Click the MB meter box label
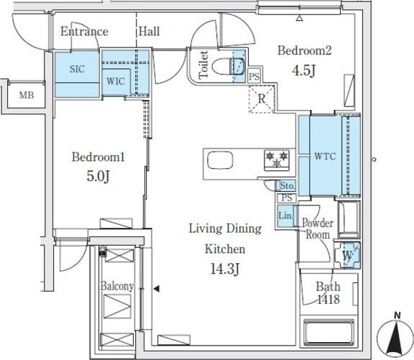pos(27,95)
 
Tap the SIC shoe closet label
pos(77,69)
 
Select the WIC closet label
pos(116,81)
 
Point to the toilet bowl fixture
pos(229,67)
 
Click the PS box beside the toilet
pos(254,77)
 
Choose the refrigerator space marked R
pos(262,99)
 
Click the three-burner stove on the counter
pos(277,160)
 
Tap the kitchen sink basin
pos(220,160)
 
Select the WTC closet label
pos(325,156)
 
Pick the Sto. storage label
pos(287,186)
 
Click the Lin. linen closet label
pos(285,216)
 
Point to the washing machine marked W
pos(347,255)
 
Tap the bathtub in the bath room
pos(328,332)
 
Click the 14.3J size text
pos(225,269)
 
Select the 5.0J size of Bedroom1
pos(98,176)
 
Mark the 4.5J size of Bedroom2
pos(304,70)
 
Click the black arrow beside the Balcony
pos(157,289)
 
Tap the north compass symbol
pos(395,337)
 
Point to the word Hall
pos(149,32)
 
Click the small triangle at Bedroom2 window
pos(299,18)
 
